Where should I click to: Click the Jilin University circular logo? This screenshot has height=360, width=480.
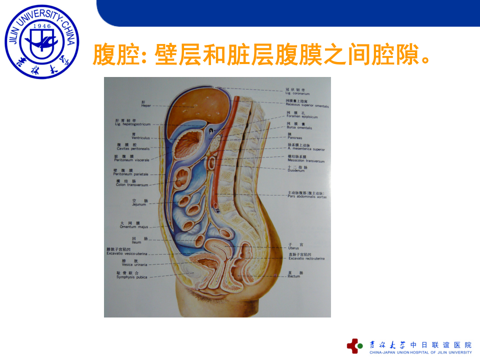pyautogui.click(x=42, y=41)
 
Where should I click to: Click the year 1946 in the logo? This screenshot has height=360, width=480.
pyautogui.click(x=42, y=26)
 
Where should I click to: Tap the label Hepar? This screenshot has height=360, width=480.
pyautogui.click(x=146, y=106)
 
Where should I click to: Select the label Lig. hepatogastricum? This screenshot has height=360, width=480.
pyautogui.click(x=132, y=124)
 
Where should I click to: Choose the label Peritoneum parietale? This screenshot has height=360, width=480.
pyautogui.click(x=130, y=174)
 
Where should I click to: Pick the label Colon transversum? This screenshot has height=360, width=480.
pyautogui.click(x=132, y=185)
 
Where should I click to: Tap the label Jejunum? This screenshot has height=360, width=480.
pyautogui.click(x=139, y=204)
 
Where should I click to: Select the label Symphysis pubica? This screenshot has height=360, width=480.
pyautogui.click(x=132, y=277)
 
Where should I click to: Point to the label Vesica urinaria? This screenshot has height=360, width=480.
pyautogui.click(x=134, y=264)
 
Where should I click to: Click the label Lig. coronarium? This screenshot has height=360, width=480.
pyautogui.click(x=297, y=93)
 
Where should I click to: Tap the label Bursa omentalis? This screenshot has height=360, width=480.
pyautogui.click(x=299, y=127)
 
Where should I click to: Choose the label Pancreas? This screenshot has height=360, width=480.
pyautogui.click(x=295, y=138)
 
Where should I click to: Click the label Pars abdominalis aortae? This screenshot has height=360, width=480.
pyautogui.click(x=307, y=196)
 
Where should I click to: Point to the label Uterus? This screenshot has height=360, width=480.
pyautogui.click(x=293, y=248)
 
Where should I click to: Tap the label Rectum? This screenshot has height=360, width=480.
pyautogui.click(x=294, y=276)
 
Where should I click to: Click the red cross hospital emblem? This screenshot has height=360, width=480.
pyautogui.click(x=355, y=345)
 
